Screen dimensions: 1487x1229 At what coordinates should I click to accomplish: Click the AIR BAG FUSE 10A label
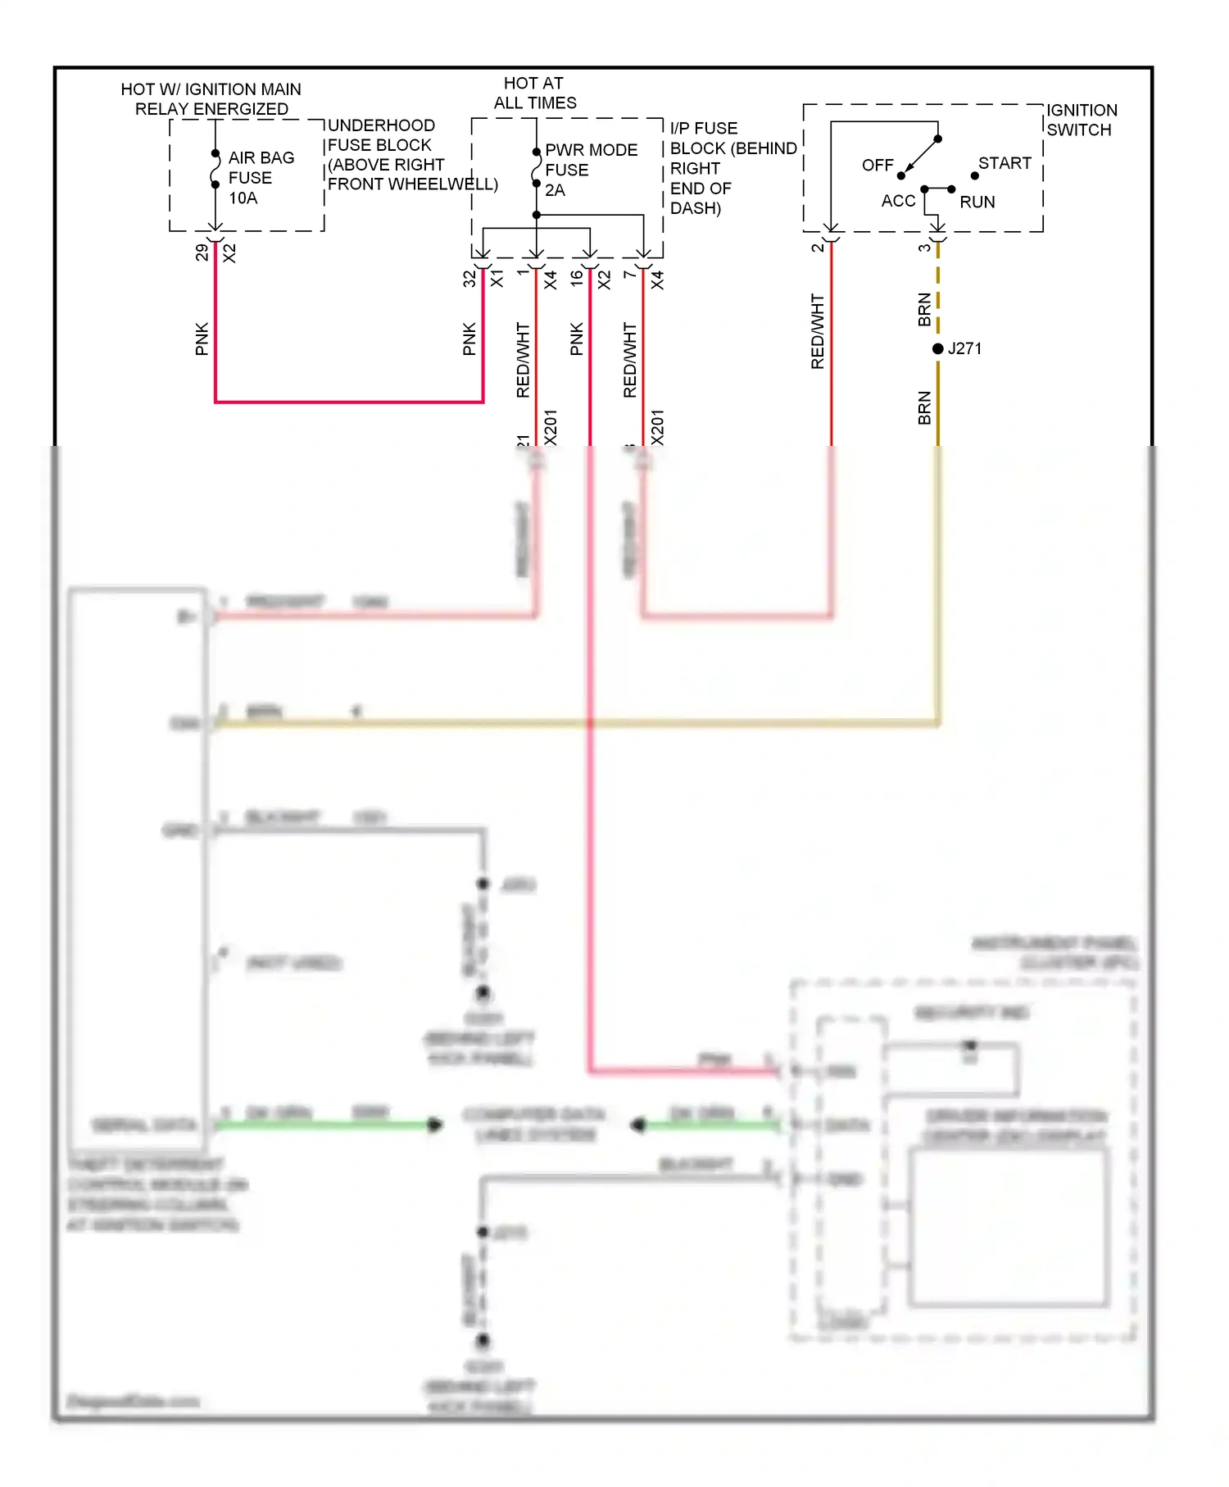click(x=260, y=178)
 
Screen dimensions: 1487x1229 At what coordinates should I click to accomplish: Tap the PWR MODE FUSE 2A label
click(x=589, y=170)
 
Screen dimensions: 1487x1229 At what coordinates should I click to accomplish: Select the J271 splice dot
click(x=938, y=349)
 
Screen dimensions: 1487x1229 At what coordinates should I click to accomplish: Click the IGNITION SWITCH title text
click(x=1081, y=120)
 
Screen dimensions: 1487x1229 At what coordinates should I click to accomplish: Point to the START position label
click(x=1005, y=163)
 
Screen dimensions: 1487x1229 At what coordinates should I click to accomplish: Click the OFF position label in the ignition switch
click(x=877, y=166)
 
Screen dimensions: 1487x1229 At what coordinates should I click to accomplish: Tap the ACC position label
click(x=898, y=202)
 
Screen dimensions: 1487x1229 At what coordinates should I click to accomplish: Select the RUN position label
click(x=977, y=202)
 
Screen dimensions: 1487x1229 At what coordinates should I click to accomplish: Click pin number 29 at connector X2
click(x=202, y=253)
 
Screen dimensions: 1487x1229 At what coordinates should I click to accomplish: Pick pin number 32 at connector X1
click(x=469, y=279)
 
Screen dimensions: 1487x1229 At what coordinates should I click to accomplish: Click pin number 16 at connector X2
click(x=577, y=279)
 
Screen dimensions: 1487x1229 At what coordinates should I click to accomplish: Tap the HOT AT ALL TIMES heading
click(x=534, y=93)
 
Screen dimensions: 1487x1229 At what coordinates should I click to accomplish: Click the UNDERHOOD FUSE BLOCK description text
click(x=411, y=155)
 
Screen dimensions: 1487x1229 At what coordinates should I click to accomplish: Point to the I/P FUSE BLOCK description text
click(x=732, y=168)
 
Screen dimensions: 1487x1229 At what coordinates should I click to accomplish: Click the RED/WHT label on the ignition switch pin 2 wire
click(x=817, y=331)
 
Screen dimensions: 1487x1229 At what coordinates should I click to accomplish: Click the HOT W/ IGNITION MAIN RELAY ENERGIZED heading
click(x=211, y=99)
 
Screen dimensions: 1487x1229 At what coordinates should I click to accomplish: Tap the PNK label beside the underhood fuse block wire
click(x=202, y=339)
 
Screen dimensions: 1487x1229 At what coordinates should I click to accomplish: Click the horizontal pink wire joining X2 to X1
click(x=348, y=402)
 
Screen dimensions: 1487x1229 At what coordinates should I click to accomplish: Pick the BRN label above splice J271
click(x=924, y=309)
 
